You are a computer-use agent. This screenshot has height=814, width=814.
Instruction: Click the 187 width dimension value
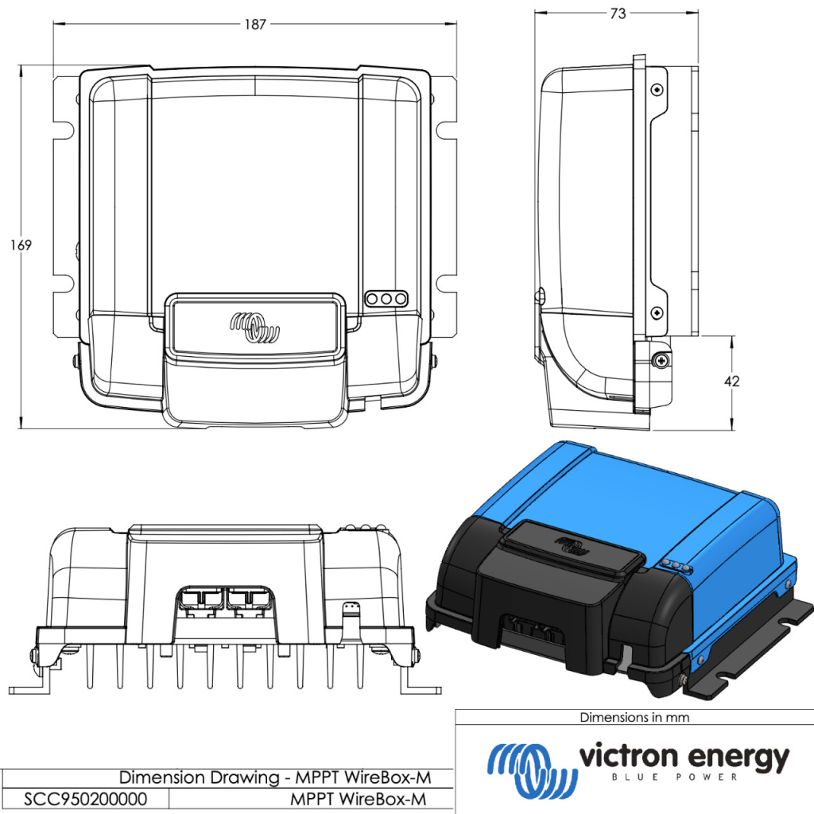click(254, 25)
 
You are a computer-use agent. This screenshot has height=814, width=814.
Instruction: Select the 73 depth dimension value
click(617, 14)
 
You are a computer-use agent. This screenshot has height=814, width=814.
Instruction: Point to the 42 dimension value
click(731, 382)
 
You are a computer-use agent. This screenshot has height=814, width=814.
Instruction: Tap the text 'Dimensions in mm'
click(634, 717)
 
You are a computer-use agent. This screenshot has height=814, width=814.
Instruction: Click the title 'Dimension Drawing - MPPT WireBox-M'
click(275, 777)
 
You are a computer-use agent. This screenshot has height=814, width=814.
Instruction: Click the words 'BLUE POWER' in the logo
click(681, 777)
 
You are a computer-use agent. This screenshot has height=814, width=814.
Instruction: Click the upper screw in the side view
click(656, 90)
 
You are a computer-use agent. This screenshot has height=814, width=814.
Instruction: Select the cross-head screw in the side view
click(660, 361)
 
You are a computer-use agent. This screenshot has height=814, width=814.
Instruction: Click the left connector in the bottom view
click(198, 600)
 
